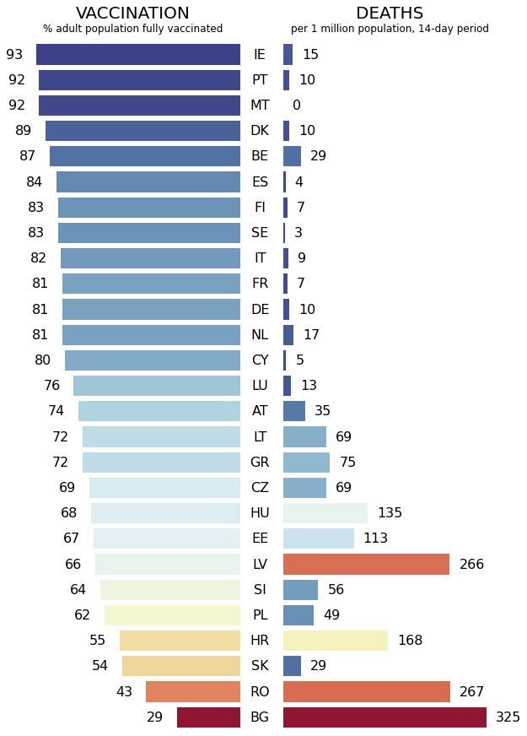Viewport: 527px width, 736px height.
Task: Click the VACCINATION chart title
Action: tap(132, 13)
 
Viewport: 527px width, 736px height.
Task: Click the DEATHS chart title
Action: tap(390, 13)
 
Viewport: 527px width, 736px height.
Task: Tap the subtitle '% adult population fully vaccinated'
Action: tap(132, 29)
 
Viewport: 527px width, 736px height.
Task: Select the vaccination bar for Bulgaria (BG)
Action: tap(208, 717)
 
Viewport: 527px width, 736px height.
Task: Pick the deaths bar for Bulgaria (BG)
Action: tap(384, 717)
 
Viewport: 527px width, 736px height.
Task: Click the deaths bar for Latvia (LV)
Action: tap(366, 564)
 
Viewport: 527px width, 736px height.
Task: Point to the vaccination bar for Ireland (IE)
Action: tap(138, 54)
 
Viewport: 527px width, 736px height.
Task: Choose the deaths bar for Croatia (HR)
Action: tap(335, 641)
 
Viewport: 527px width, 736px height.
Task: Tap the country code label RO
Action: tap(260, 692)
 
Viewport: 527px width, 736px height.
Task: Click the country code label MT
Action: tap(260, 106)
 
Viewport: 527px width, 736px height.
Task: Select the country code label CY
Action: tap(260, 360)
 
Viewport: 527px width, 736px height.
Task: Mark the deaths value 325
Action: tap(508, 717)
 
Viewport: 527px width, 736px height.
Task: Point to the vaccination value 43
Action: tap(125, 692)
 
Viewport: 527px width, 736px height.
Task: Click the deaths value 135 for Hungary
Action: tap(390, 513)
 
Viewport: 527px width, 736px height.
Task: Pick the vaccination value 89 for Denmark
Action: tap(24, 131)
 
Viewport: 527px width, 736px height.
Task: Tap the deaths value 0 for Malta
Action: tap(296, 106)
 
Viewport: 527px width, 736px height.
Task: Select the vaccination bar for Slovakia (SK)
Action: tap(181, 666)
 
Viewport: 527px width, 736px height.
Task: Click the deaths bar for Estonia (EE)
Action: tap(318, 538)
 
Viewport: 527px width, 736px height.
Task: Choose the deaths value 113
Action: tap(375, 538)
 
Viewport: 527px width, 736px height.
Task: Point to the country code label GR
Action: tap(260, 463)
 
